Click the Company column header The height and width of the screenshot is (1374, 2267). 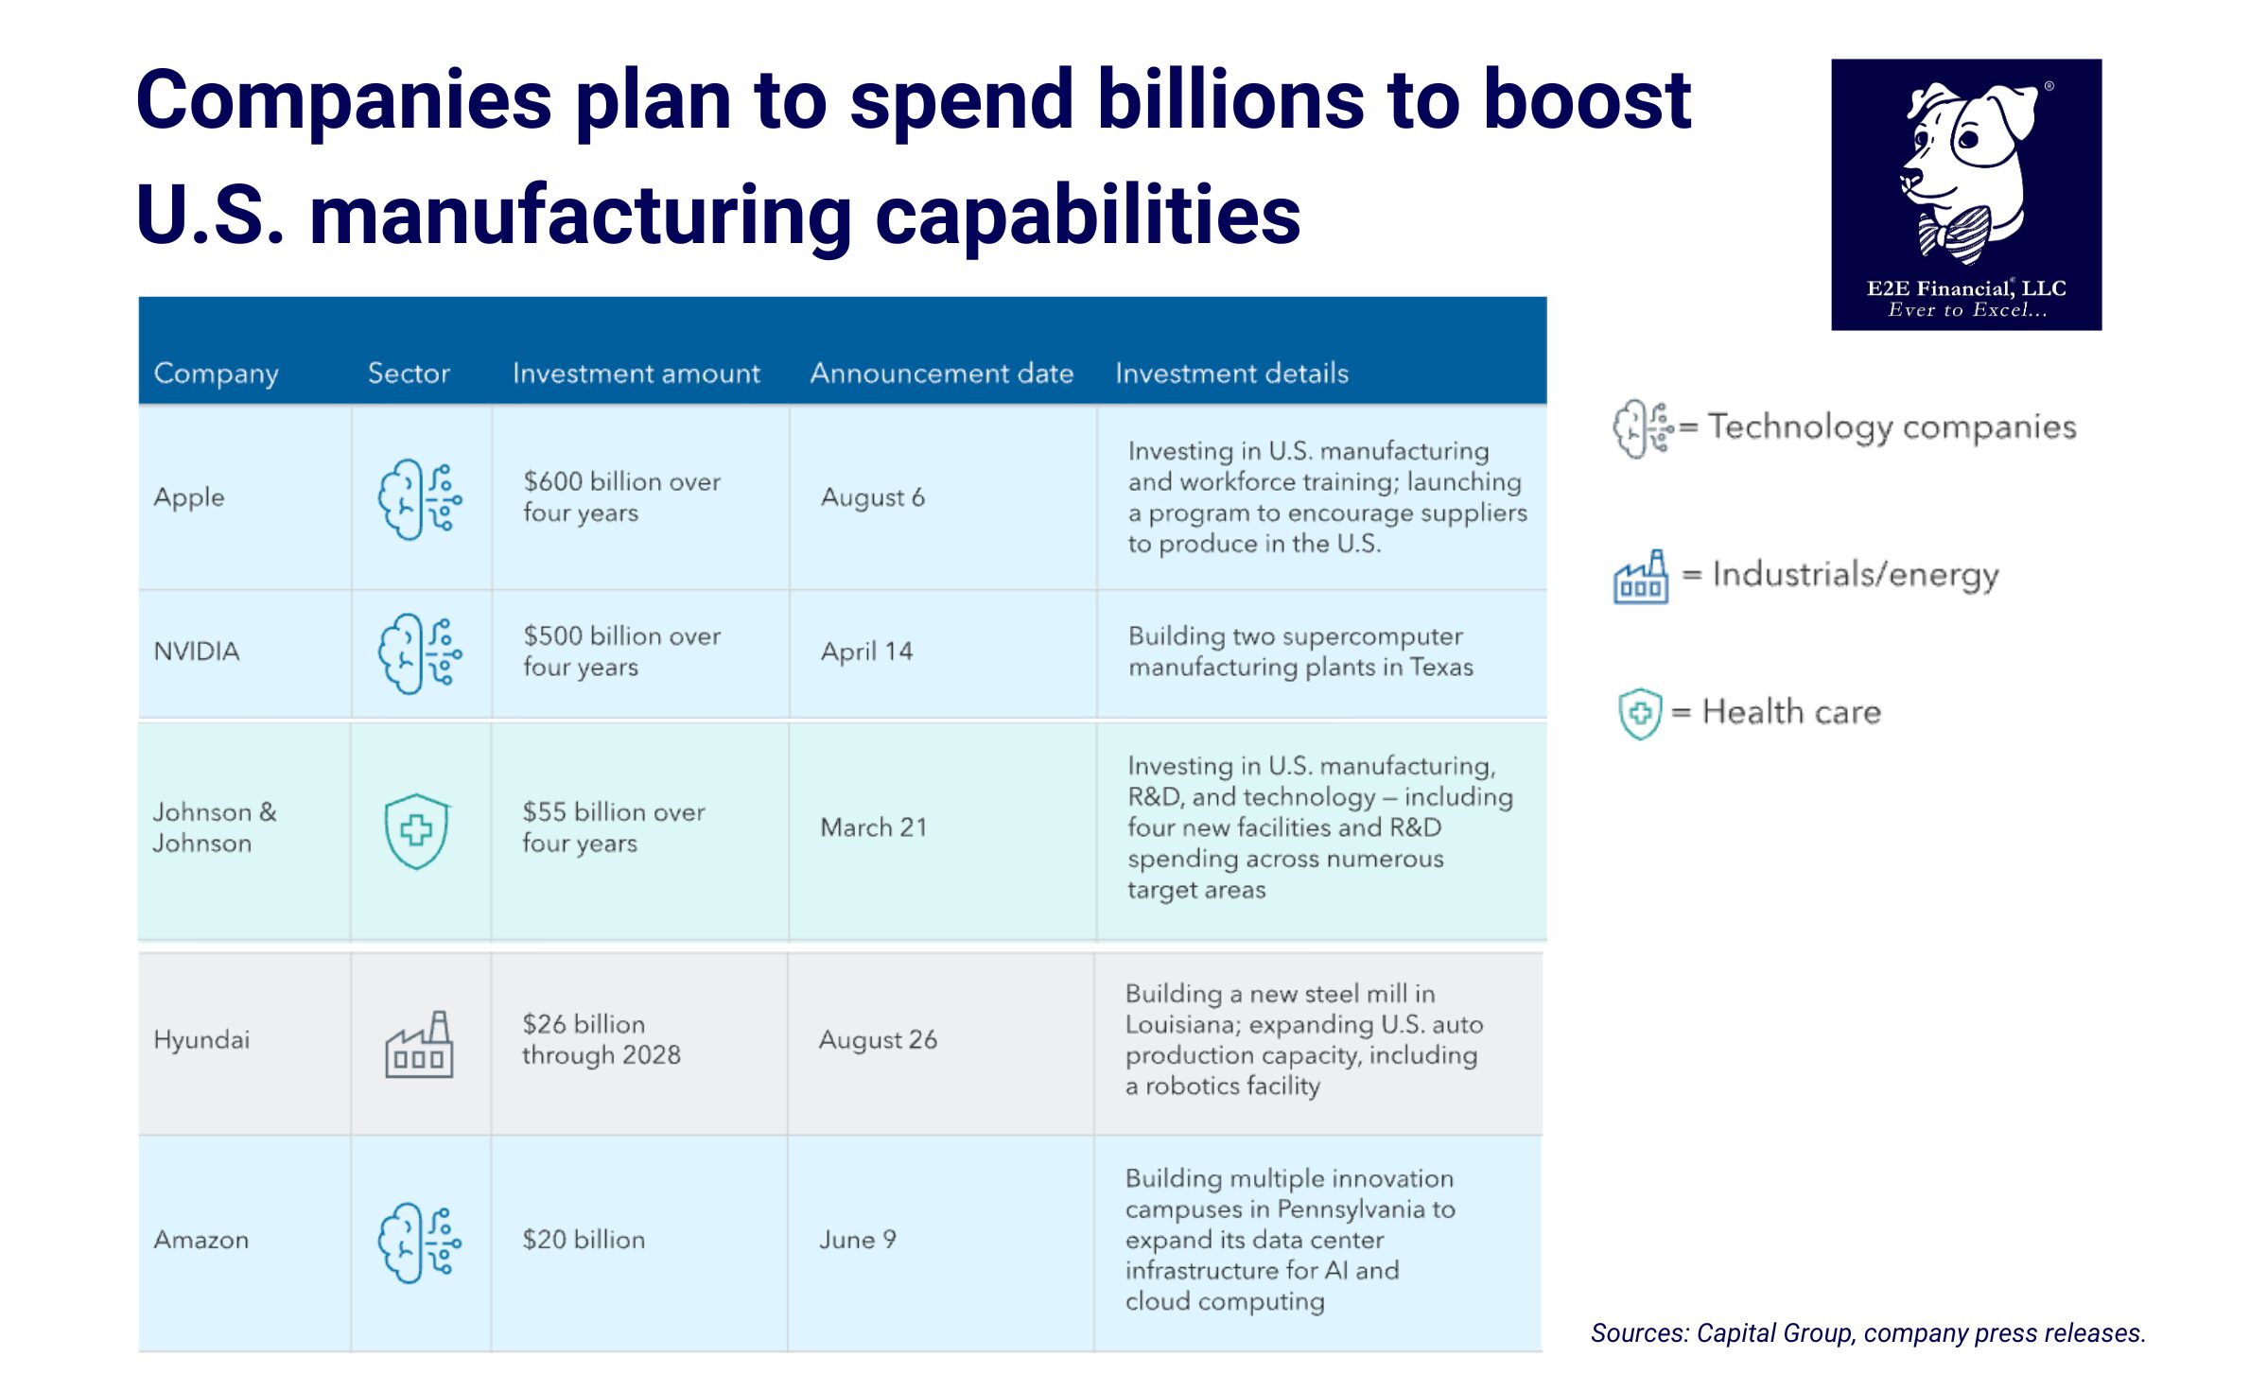pyautogui.click(x=216, y=374)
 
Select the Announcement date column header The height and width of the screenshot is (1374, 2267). pyautogui.click(x=941, y=374)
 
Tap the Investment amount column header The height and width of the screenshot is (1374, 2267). pyautogui.click(x=636, y=374)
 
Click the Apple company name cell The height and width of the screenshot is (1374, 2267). pyautogui.click(x=189, y=497)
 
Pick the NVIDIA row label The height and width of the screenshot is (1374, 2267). pyautogui.click(x=197, y=652)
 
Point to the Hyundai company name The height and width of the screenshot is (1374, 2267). pyautogui.click(x=201, y=1040)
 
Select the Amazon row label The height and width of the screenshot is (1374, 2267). pyautogui.click(x=201, y=1240)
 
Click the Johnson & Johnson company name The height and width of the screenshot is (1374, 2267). pyautogui.click(x=215, y=827)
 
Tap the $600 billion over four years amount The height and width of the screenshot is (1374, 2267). pyautogui.click(x=621, y=496)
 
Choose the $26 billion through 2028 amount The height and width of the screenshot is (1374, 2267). pyautogui.click(x=601, y=1039)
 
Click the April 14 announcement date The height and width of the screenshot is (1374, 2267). pyautogui.click(x=866, y=652)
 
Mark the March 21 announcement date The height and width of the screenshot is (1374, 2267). pyautogui.click(x=873, y=827)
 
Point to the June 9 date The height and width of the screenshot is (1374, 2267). pyautogui.click(x=857, y=1240)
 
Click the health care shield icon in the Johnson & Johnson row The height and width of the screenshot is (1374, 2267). pyautogui.click(x=416, y=830)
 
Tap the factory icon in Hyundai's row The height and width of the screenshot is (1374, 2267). pyautogui.click(x=419, y=1044)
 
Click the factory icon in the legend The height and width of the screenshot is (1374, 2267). pyautogui.click(x=1640, y=577)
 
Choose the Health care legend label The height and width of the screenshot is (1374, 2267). pyautogui.click(x=1791, y=712)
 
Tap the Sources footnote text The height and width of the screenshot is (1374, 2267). pyautogui.click(x=1868, y=1333)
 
